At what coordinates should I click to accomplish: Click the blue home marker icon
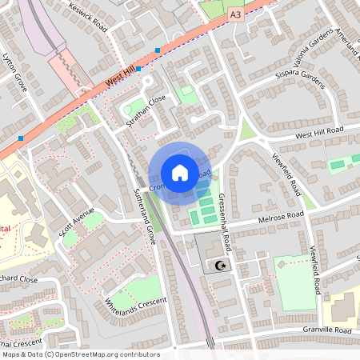(180, 173)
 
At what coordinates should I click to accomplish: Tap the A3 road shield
(234, 14)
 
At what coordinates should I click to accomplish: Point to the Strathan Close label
(146, 111)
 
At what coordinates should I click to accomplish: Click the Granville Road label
(327, 330)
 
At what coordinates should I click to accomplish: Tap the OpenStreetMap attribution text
(80, 354)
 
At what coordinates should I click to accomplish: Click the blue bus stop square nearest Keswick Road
(158, 50)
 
